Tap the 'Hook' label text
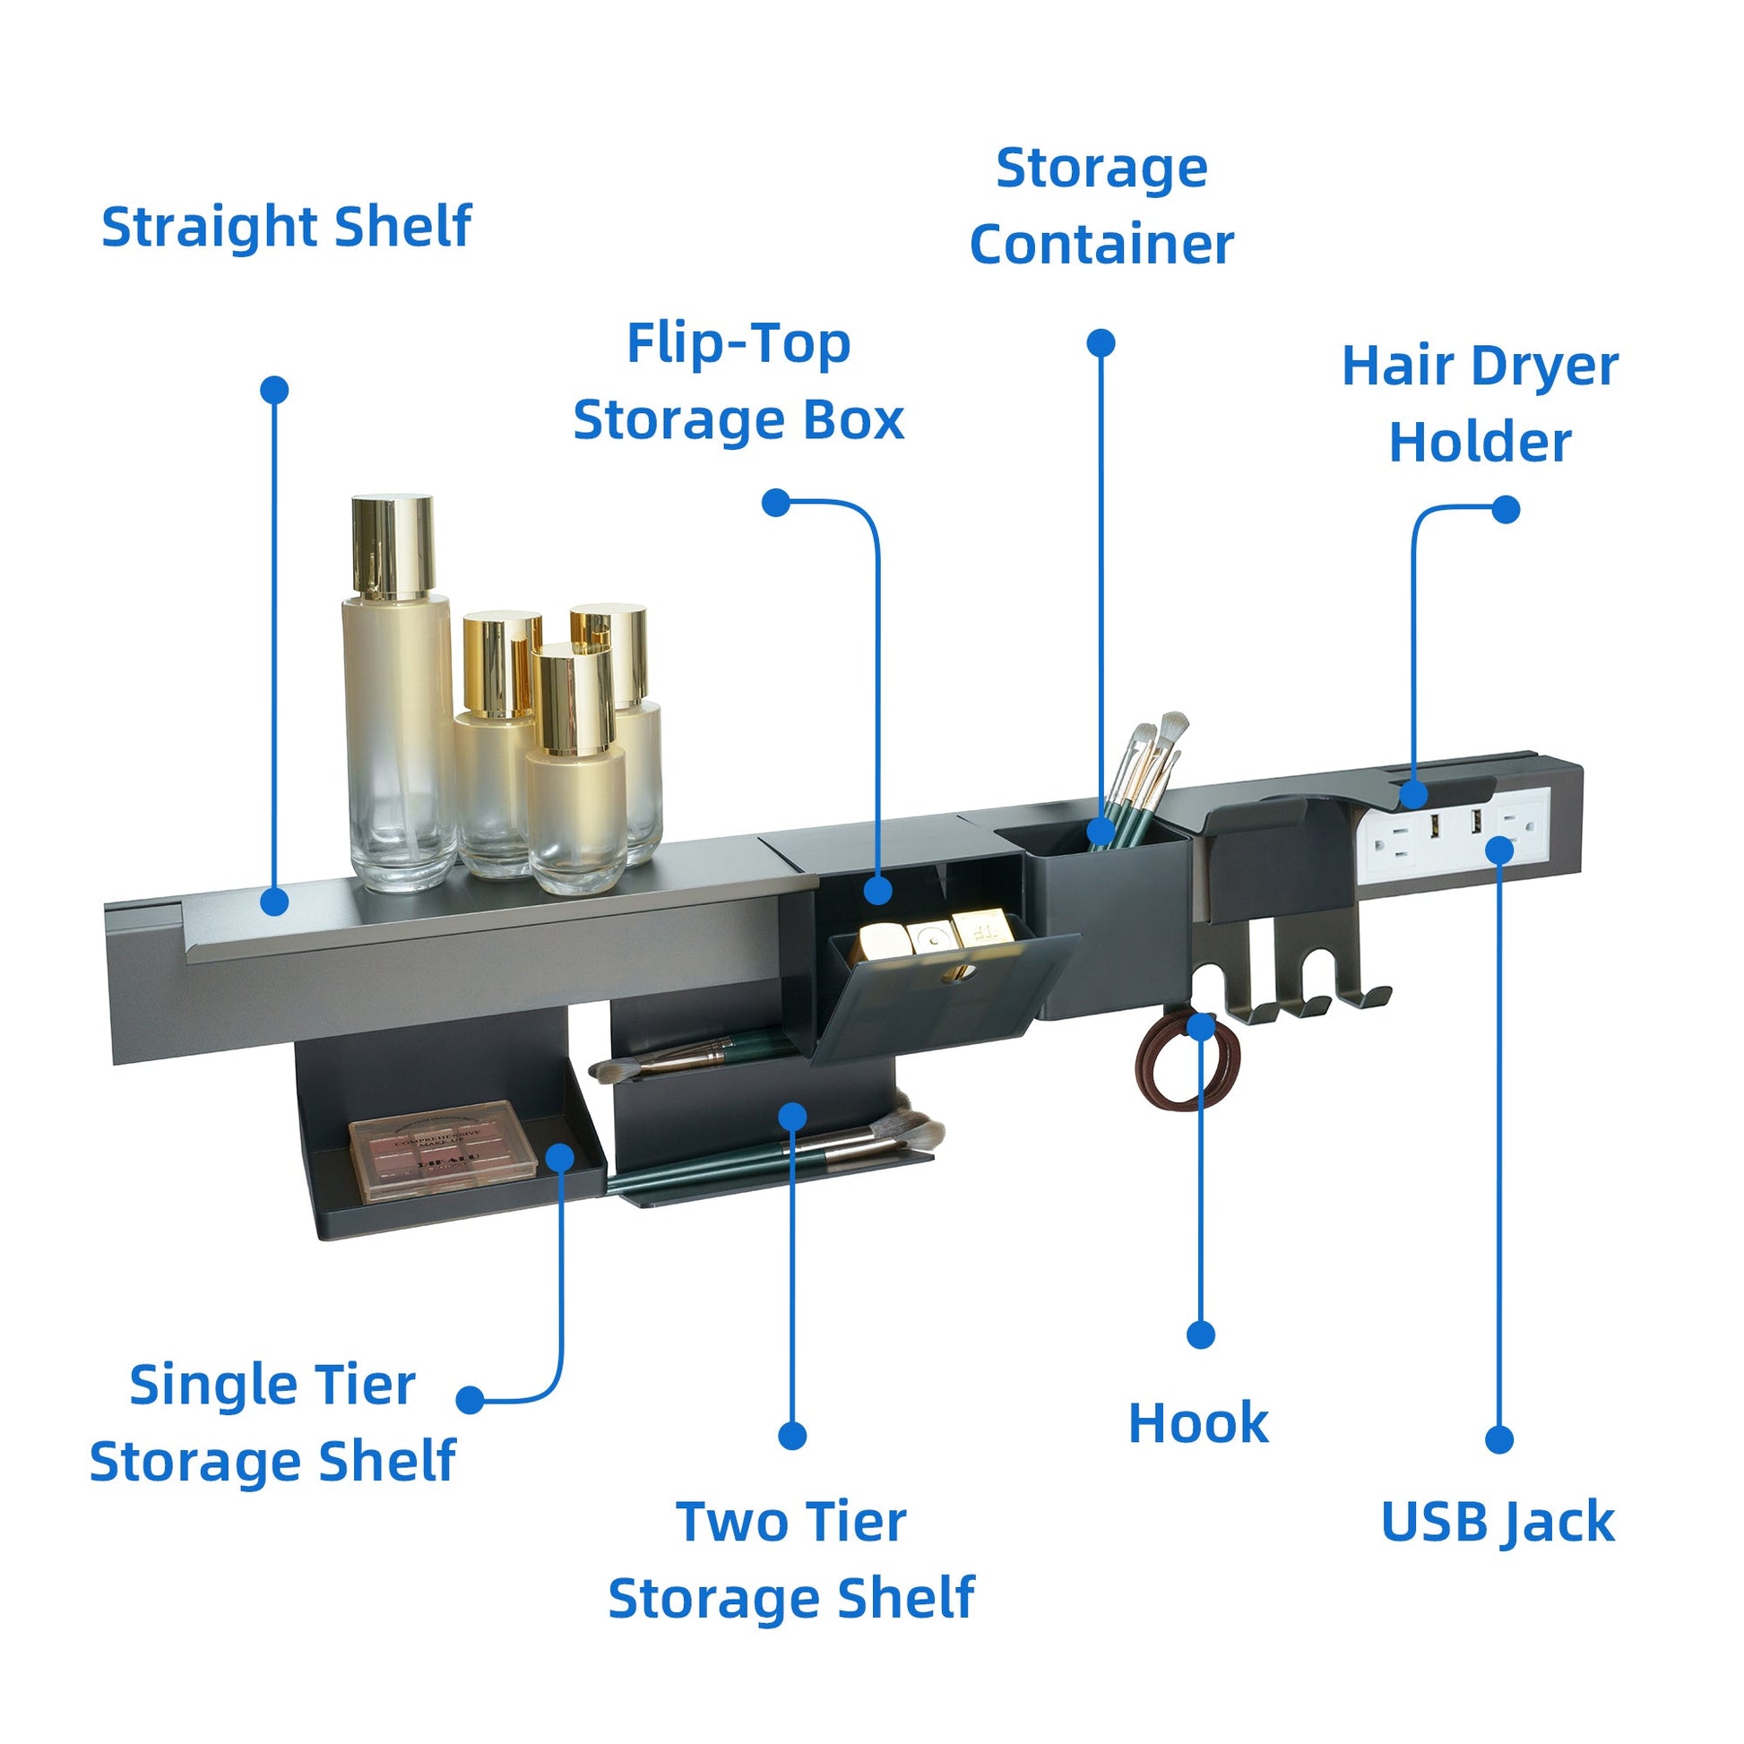[1198, 1423]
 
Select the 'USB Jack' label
[1498, 1521]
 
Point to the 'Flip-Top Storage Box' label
[738, 382]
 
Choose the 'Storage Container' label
[1101, 206]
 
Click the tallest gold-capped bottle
[398, 704]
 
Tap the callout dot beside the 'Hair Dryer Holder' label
[1505, 510]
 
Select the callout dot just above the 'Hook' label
[1201, 1334]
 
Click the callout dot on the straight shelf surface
[274, 901]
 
